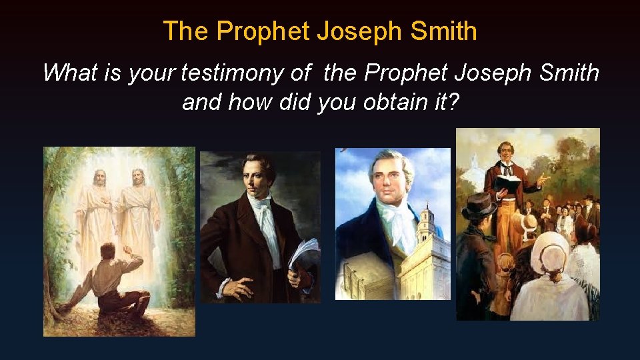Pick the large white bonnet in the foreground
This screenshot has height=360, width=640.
pyautogui.click(x=549, y=250)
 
